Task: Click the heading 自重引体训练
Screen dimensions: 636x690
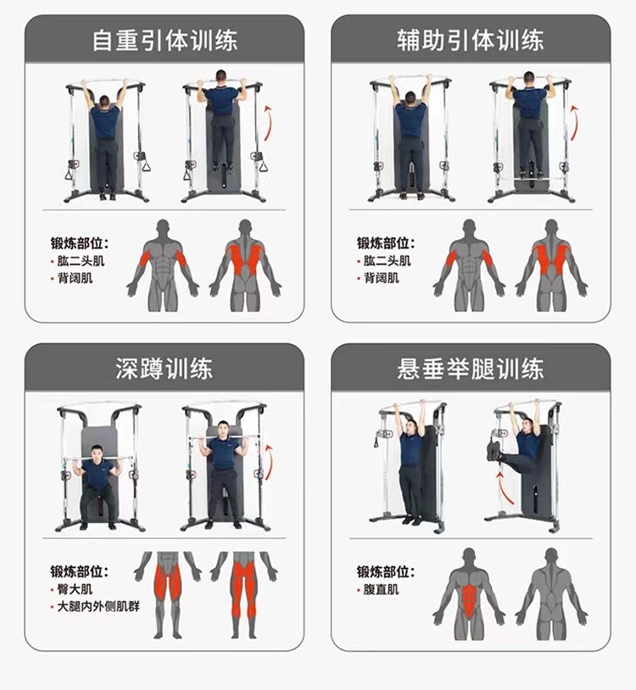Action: click(x=165, y=41)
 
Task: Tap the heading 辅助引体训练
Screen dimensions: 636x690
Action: click(x=471, y=41)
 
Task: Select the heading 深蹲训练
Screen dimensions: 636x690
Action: click(x=165, y=369)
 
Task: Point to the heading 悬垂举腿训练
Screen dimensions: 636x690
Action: click(x=471, y=369)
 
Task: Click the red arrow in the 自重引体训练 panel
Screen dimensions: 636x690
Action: click(x=269, y=123)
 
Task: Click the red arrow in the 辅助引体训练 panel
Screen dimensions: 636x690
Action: click(x=575, y=123)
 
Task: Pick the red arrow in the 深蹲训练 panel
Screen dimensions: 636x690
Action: click(x=270, y=463)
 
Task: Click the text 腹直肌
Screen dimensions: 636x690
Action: click(x=381, y=589)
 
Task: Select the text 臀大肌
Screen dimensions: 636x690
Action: click(x=75, y=589)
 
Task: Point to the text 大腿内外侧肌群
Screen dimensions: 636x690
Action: click(x=98, y=606)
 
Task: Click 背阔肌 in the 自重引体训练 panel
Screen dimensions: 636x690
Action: click(x=75, y=278)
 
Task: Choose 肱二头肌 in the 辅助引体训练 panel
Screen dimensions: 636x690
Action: click(x=387, y=261)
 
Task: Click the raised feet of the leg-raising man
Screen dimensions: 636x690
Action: click(x=493, y=451)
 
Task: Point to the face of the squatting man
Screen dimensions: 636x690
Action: click(x=97, y=454)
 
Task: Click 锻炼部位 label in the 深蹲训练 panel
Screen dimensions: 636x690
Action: click(x=79, y=571)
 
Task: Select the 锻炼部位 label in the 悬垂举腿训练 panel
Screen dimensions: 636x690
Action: click(x=386, y=571)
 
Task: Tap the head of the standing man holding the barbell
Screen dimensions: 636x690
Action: click(x=224, y=429)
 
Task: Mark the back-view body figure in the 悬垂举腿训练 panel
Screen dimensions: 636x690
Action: click(x=551, y=595)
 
